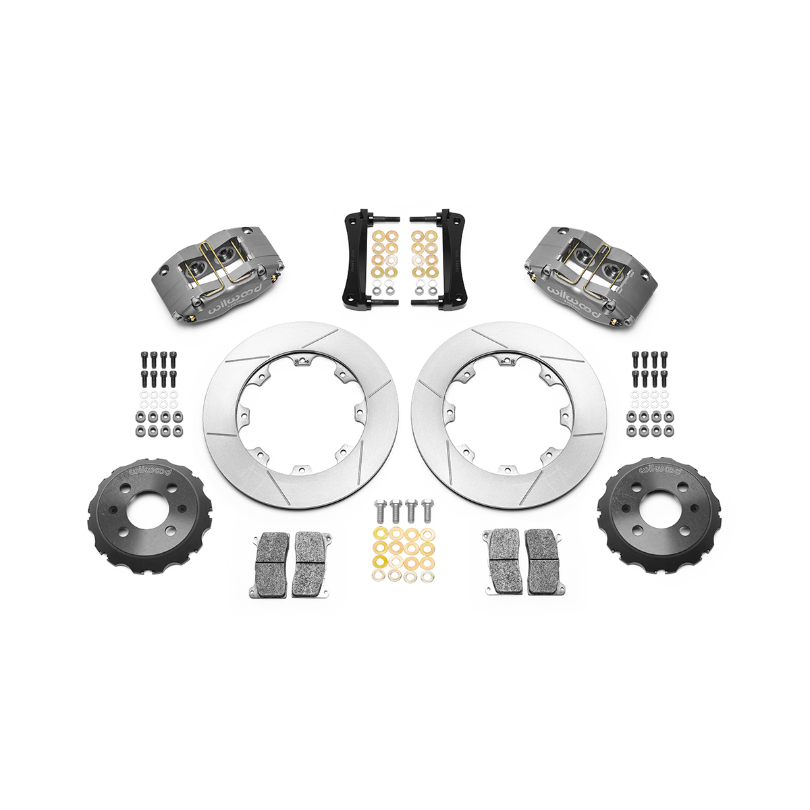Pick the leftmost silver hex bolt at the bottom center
click(x=381, y=511)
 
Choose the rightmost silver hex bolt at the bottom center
click(x=427, y=511)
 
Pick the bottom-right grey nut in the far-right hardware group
click(x=666, y=431)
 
